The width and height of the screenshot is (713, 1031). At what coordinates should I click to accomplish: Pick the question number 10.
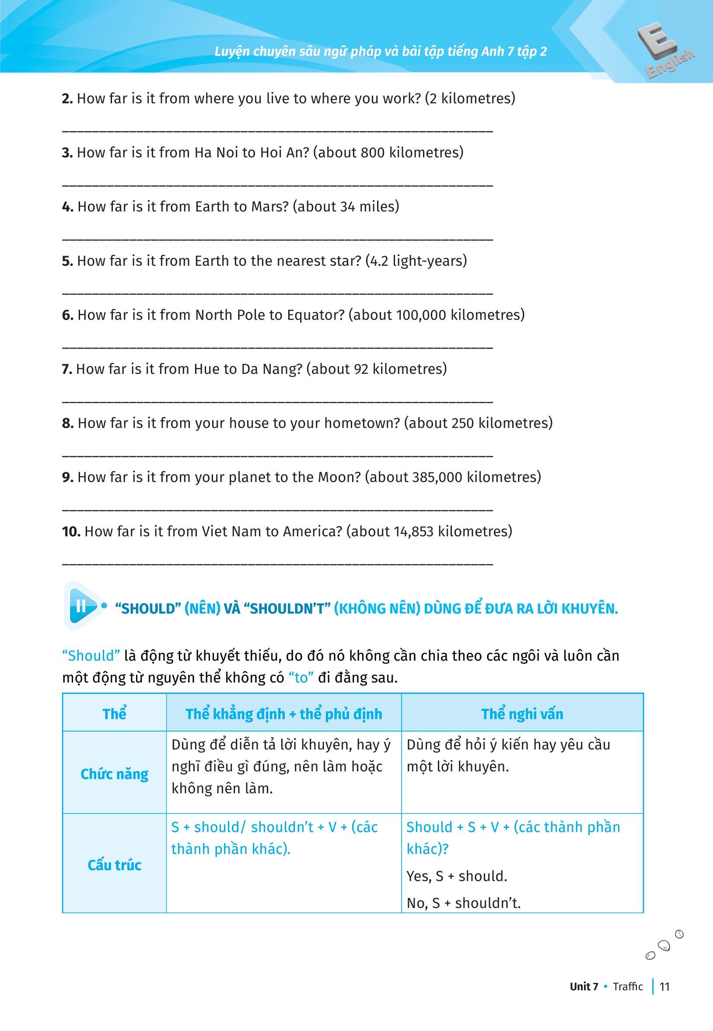point(71,531)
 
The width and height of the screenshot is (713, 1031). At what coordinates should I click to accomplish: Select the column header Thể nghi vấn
point(522,714)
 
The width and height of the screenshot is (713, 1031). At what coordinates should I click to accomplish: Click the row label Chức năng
point(114,774)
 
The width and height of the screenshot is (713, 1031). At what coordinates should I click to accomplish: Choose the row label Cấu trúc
point(114,865)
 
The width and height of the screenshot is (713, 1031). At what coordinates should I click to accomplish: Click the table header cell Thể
point(114,714)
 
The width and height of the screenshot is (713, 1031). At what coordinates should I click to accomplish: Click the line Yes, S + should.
point(457,876)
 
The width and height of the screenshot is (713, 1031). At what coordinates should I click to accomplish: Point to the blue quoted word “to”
point(301,678)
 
